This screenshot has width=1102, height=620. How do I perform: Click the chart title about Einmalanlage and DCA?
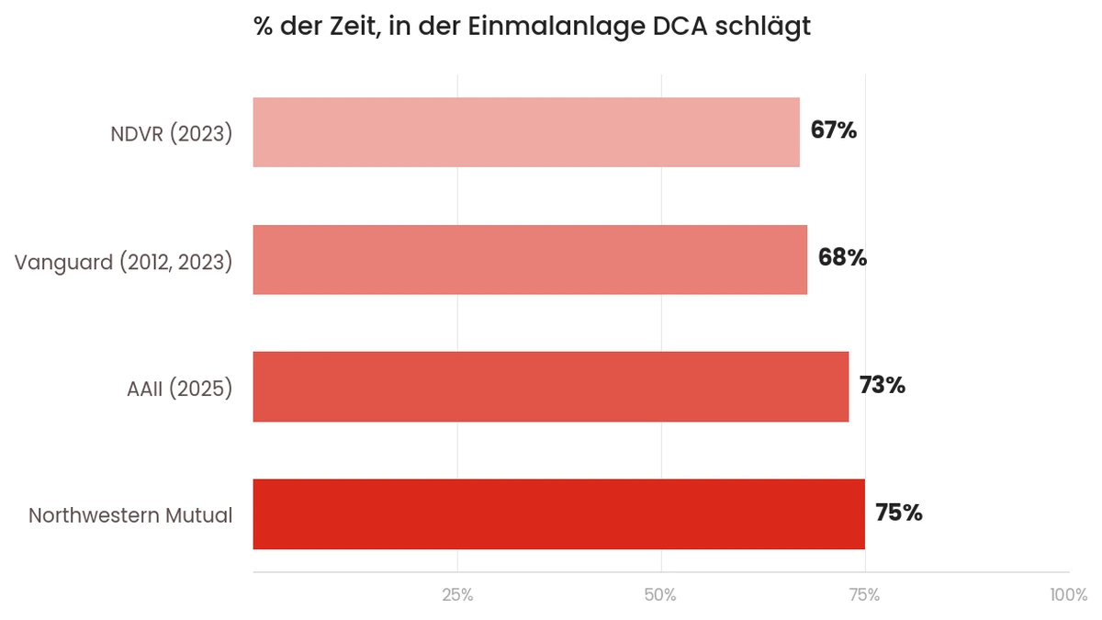click(532, 27)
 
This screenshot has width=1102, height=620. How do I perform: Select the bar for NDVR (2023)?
click(526, 132)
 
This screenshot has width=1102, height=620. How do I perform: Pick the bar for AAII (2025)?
click(550, 387)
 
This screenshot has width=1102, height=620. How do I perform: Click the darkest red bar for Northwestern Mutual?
click(558, 513)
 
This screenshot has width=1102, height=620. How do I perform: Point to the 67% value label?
click(833, 131)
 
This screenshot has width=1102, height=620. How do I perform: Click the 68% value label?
click(842, 258)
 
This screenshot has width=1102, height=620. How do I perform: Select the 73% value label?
click(882, 386)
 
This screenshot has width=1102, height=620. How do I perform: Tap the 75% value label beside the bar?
click(898, 513)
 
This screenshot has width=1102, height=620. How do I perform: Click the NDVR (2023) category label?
click(171, 133)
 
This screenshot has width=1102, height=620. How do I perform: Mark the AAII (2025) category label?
click(179, 388)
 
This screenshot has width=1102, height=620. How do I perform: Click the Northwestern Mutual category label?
click(130, 515)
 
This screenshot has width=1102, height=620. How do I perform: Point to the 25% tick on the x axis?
click(457, 595)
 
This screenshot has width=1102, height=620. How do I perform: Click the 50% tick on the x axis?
click(661, 595)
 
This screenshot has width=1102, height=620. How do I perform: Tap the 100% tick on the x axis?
click(1068, 595)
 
